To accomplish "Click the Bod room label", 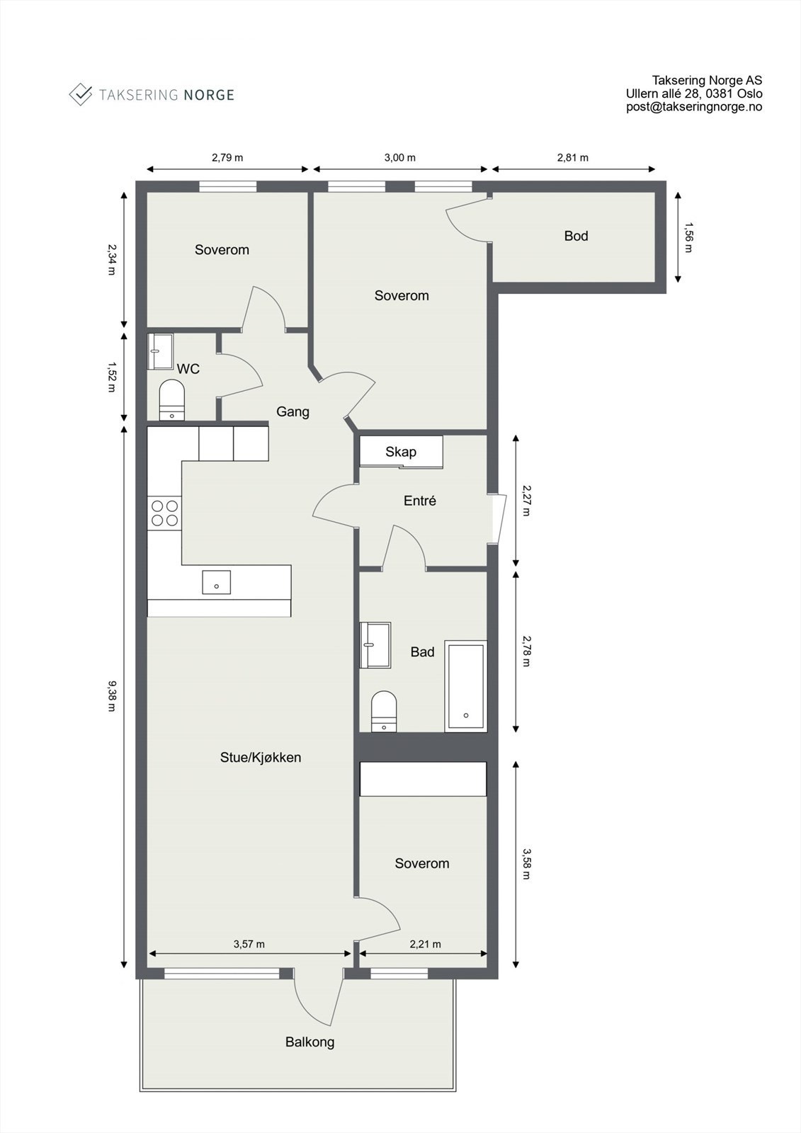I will [x=576, y=236].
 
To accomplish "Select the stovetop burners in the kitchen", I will [x=164, y=513].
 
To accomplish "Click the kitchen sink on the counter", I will [x=216, y=581].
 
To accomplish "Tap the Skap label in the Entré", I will [x=401, y=452].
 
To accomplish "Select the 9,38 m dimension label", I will [x=112, y=696].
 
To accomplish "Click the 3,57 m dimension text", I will [x=249, y=944].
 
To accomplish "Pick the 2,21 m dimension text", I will [x=425, y=944].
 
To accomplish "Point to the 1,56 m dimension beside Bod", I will [x=689, y=237].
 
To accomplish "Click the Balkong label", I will [x=309, y=1042].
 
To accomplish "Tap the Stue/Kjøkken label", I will [x=261, y=757].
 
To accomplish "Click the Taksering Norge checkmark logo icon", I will [x=81, y=94].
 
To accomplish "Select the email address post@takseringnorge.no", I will [x=693, y=107].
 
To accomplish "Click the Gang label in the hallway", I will [x=292, y=411].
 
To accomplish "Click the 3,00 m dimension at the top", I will [x=400, y=158].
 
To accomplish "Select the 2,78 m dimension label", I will [x=526, y=651].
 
